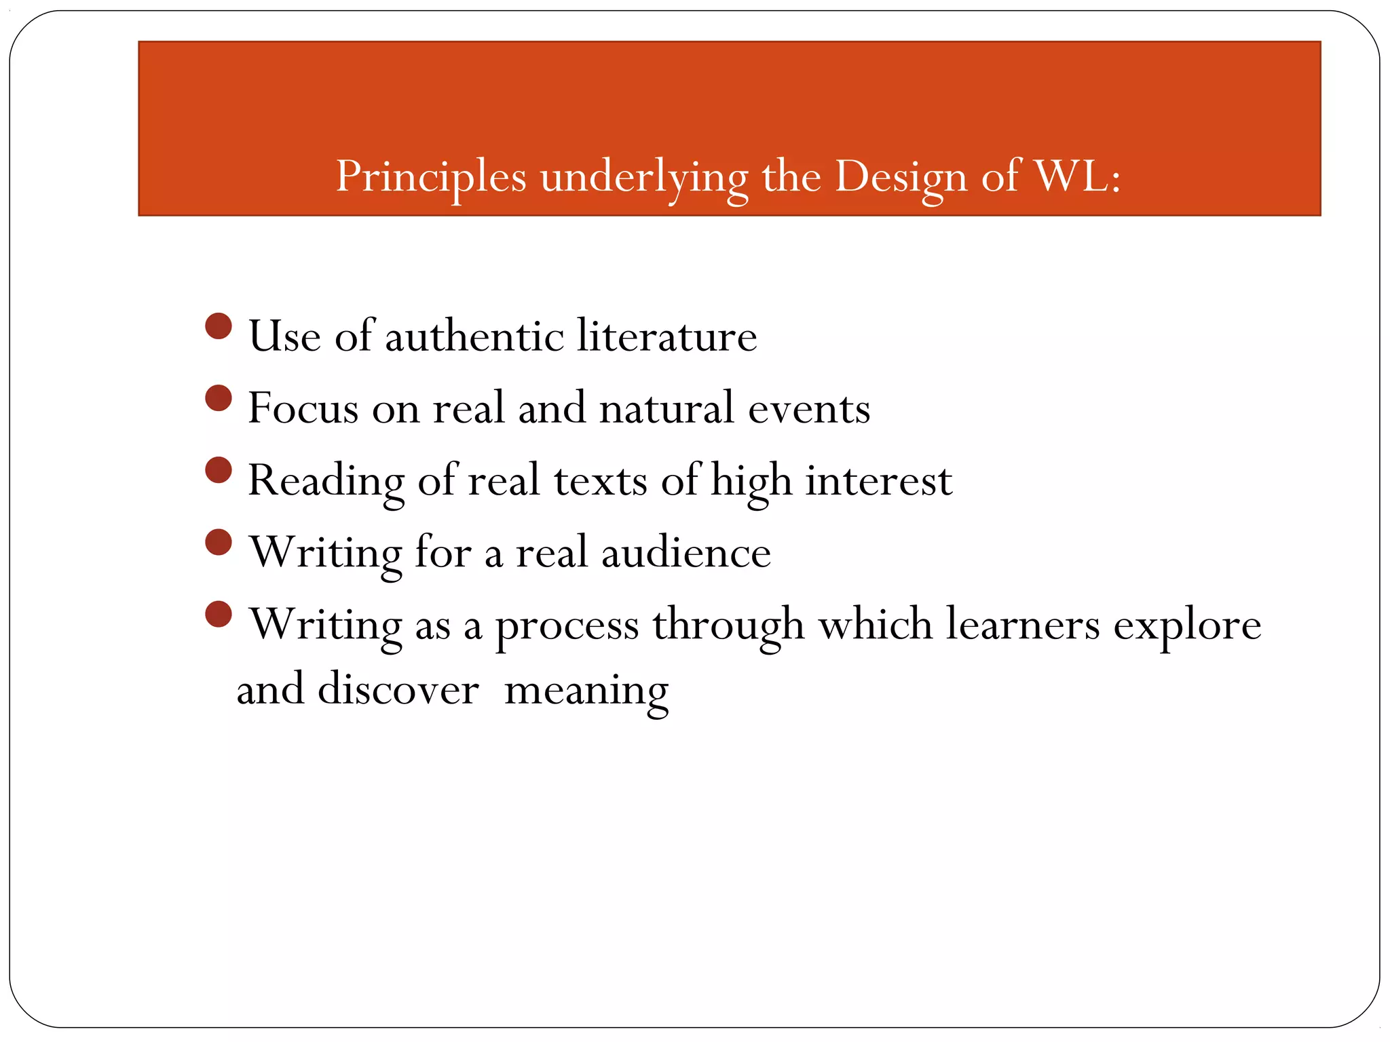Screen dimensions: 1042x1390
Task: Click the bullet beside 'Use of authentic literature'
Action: (219, 326)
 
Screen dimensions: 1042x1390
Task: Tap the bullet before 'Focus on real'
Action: (219, 398)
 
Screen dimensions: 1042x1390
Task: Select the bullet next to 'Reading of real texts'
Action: (219, 470)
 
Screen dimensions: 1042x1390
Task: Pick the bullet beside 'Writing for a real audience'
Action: (219, 542)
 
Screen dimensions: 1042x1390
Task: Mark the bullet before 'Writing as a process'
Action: (219, 614)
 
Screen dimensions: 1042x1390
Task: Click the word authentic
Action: (474, 336)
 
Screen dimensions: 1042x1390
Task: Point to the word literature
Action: (666, 336)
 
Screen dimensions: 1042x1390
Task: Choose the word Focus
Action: (303, 408)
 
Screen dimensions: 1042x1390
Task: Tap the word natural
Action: (666, 408)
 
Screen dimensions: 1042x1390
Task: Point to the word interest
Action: (878, 480)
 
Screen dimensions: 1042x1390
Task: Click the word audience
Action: (685, 552)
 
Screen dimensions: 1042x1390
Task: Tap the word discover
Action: (398, 689)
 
